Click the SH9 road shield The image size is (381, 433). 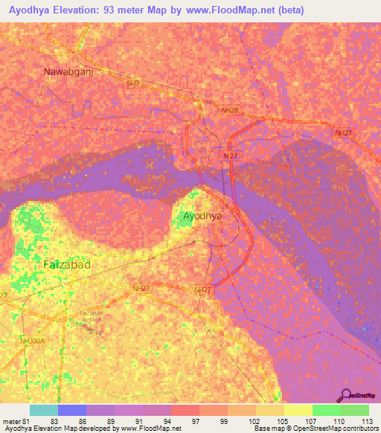[x=133, y=84]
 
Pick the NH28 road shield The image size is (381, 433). [x=230, y=110]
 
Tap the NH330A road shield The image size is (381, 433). [x=33, y=341]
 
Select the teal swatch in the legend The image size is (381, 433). [x=44, y=410]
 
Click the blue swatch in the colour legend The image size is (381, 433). [x=72, y=410]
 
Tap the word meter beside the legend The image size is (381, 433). [x=11, y=422]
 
